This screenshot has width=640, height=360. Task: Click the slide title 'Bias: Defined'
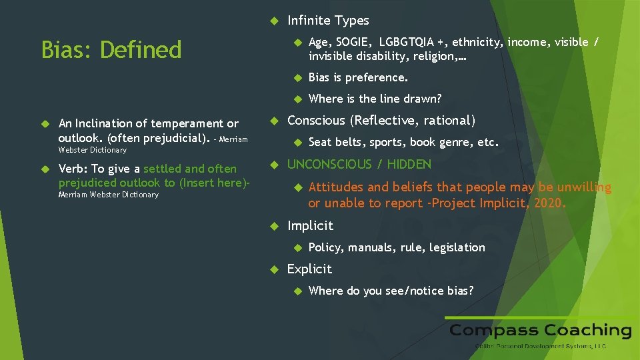click(x=111, y=49)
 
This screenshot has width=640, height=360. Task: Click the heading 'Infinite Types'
click(x=327, y=21)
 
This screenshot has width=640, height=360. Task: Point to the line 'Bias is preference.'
click(x=358, y=77)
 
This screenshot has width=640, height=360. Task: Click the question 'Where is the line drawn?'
click(x=375, y=99)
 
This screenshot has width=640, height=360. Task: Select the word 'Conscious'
click(x=316, y=121)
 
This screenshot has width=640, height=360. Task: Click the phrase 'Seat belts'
click(x=334, y=142)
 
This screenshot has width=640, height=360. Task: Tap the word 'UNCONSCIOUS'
click(x=329, y=164)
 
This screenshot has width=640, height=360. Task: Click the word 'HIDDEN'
click(x=409, y=164)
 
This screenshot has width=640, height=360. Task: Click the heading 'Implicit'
click(x=310, y=225)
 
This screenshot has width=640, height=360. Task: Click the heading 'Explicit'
click(x=309, y=269)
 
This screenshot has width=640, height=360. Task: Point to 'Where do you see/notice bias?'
click(x=391, y=291)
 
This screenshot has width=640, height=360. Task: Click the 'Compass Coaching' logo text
click(x=540, y=331)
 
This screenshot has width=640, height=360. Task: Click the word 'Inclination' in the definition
click(x=112, y=123)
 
